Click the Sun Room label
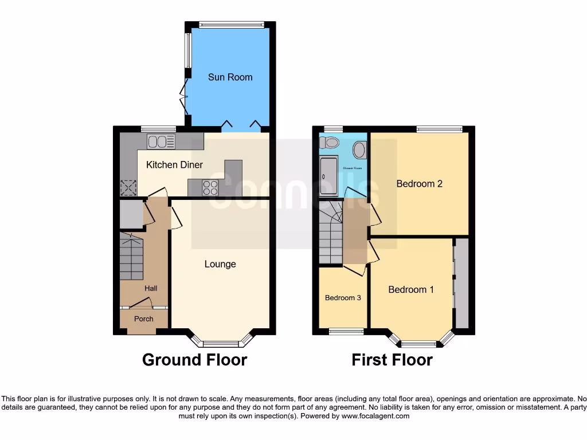pyautogui.click(x=230, y=77)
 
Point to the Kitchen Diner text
pyautogui.click(x=174, y=165)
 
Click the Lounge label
pyautogui.click(x=220, y=264)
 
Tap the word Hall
pyautogui.click(x=151, y=288)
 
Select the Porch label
pyautogui.click(x=144, y=319)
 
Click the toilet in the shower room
pyautogui.click(x=331, y=142)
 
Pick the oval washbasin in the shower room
pyautogui.click(x=360, y=150)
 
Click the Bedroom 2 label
pyautogui.click(x=420, y=184)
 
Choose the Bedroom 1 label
pyautogui.click(x=411, y=289)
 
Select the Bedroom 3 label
pyautogui.click(x=343, y=298)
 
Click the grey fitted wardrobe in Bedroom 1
pyautogui.click(x=462, y=284)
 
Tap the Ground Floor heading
pyautogui.click(x=194, y=360)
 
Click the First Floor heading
pyautogui.click(x=392, y=360)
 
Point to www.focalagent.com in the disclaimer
pyautogui.click(x=375, y=416)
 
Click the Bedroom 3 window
pyautogui.click(x=346, y=331)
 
